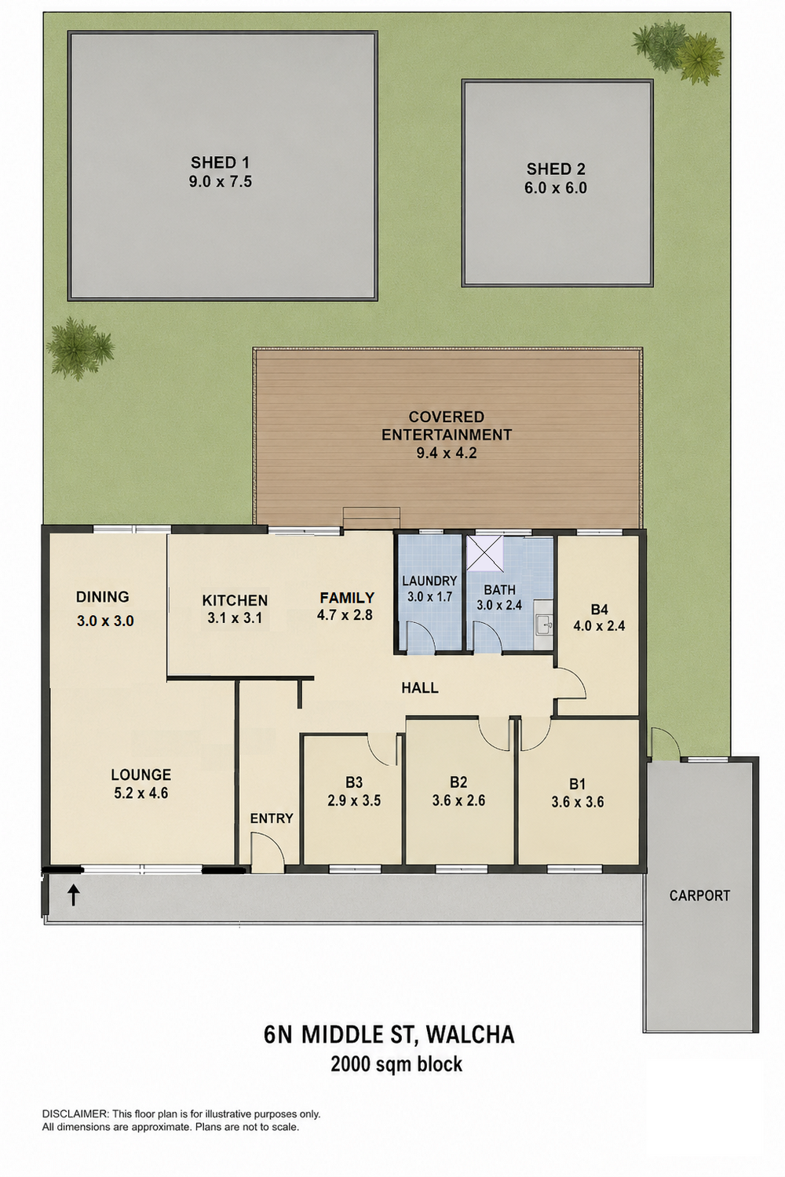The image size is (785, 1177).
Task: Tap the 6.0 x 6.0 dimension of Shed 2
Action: pyautogui.click(x=555, y=188)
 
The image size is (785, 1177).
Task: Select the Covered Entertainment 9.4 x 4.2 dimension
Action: pyautogui.click(x=447, y=453)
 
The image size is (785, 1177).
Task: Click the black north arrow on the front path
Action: pyautogui.click(x=74, y=895)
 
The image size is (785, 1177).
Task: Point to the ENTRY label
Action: pyautogui.click(x=272, y=818)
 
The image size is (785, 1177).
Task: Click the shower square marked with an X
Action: pyautogui.click(x=485, y=552)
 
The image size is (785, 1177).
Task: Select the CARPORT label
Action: pyautogui.click(x=699, y=895)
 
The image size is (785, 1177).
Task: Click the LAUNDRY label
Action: pyautogui.click(x=429, y=581)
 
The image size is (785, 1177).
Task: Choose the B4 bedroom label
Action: pyautogui.click(x=599, y=609)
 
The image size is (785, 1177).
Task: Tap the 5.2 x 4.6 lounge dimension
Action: pyautogui.click(x=141, y=793)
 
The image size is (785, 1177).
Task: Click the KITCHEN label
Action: pyautogui.click(x=235, y=599)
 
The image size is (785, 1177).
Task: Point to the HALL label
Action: pyautogui.click(x=419, y=687)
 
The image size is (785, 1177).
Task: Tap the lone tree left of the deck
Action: pyautogui.click(x=80, y=348)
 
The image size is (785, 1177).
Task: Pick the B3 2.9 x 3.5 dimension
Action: pyautogui.click(x=354, y=800)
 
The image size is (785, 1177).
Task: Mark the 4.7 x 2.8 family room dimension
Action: pyautogui.click(x=345, y=614)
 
